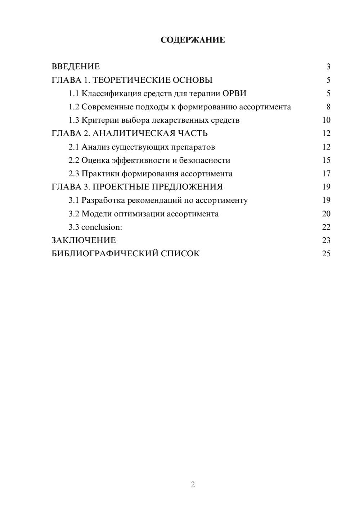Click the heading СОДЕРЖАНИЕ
click(x=193, y=40)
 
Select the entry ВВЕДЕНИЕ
click(x=76, y=67)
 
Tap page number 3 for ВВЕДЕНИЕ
click(x=328, y=67)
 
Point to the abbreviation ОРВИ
click(x=234, y=94)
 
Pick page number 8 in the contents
click(x=328, y=107)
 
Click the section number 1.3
click(x=74, y=120)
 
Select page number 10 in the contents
click(x=326, y=120)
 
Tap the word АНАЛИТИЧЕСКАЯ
click(x=133, y=134)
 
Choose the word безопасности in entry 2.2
click(x=204, y=160)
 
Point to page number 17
click(x=326, y=174)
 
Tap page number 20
click(x=326, y=213)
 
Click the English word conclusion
click(x=102, y=227)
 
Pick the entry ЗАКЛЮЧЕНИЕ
click(x=84, y=240)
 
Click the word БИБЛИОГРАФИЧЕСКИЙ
click(x=104, y=254)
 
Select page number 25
click(x=326, y=254)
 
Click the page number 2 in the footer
click(x=193, y=485)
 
